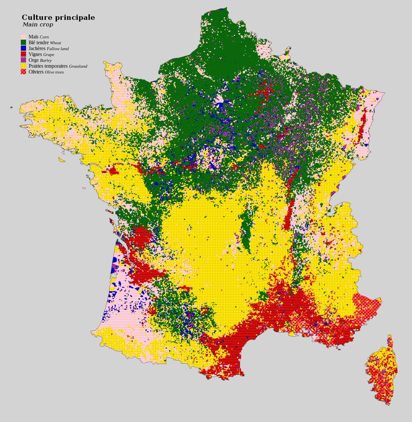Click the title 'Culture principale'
[58, 18]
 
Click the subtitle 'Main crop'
[38, 25]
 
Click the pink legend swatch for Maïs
[24, 37]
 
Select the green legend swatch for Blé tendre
[24, 42]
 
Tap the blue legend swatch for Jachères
[24, 48]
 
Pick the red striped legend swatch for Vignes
[24, 54]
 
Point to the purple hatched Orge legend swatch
[24, 60]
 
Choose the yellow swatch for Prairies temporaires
[24, 66]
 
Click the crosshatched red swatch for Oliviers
[24, 72]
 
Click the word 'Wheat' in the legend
[55, 43]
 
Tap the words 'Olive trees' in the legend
[54, 72]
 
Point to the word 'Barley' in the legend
[46, 60]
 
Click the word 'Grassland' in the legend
[78, 66]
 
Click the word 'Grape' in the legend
[49, 55]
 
